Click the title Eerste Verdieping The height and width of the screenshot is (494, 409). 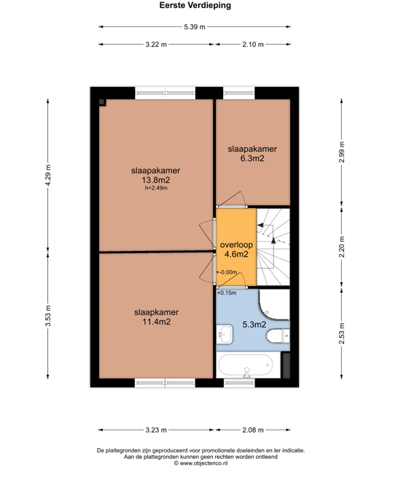click(195, 5)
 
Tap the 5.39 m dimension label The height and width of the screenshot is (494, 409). click(195, 27)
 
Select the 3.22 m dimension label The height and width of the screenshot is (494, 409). click(156, 45)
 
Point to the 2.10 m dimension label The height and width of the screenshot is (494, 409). click(253, 45)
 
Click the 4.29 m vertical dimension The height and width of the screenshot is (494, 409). click(48, 175)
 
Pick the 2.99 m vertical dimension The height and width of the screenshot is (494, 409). click(342, 153)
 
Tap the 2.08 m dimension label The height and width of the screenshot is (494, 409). click(253, 430)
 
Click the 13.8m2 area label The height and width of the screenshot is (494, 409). click(156, 180)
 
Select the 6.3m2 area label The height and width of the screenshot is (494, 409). click(252, 158)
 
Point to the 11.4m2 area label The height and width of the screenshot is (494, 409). click(157, 322)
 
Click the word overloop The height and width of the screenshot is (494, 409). click(236, 244)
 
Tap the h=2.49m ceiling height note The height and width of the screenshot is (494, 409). click(156, 188)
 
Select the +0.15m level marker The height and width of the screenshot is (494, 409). click(227, 293)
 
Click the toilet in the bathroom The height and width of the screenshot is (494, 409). click(278, 336)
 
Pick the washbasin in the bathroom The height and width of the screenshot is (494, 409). click(225, 334)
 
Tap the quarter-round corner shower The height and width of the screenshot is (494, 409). click(273, 305)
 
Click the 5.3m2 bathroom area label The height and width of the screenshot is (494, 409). click(254, 324)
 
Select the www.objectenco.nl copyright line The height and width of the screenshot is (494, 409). click(201, 463)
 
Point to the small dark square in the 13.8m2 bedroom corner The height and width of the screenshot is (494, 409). click(102, 102)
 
